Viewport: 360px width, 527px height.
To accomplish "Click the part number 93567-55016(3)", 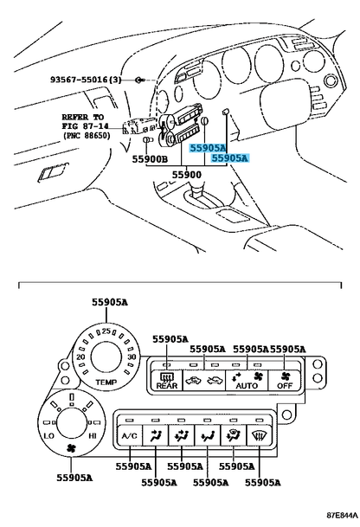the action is pyautogui.click(x=86, y=80).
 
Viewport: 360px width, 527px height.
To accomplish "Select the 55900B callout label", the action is pyautogui.click(x=149, y=159).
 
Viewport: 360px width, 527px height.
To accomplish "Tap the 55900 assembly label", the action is pyautogui.click(x=187, y=175).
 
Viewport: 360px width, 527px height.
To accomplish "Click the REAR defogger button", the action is pyautogui.click(x=167, y=381).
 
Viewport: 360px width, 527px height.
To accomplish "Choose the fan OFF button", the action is pyautogui.click(x=285, y=381).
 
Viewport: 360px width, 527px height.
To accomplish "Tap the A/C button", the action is pyautogui.click(x=130, y=435).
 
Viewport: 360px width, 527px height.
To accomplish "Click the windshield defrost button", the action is pyautogui.click(x=259, y=435).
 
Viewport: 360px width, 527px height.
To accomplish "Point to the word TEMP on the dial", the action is pyautogui.click(x=106, y=382).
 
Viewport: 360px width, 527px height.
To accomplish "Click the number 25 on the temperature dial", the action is pyautogui.click(x=106, y=331).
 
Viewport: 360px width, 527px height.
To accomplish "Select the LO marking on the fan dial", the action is pyautogui.click(x=49, y=436).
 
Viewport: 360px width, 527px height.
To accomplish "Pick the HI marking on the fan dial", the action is pyautogui.click(x=92, y=436).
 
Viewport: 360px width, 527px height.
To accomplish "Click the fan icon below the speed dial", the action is pyautogui.click(x=71, y=448).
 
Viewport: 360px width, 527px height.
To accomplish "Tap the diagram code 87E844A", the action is pyautogui.click(x=342, y=515).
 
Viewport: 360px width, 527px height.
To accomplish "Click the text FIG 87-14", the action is pyautogui.click(x=86, y=126).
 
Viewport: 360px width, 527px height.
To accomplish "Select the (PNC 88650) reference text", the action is pyautogui.click(x=87, y=136).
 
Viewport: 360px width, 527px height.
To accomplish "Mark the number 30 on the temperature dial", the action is pyautogui.click(x=132, y=357).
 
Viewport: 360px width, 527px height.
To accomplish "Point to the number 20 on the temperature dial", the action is pyautogui.click(x=80, y=357).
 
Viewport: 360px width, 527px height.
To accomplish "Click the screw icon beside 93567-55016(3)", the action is pyautogui.click(x=138, y=80).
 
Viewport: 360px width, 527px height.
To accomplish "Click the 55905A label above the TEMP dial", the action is pyautogui.click(x=110, y=303).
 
